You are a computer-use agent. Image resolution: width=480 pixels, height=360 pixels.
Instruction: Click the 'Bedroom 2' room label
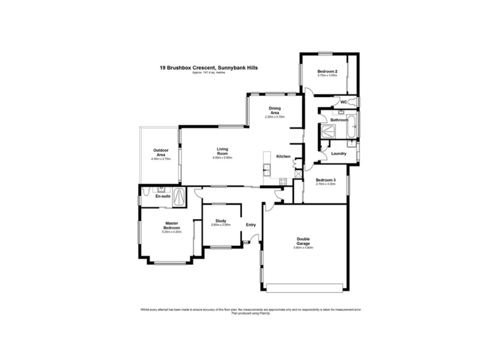tap(327, 72)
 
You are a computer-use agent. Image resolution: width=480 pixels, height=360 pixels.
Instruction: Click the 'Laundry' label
tap(339, 154)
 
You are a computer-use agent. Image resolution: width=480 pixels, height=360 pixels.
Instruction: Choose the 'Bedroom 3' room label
tap(326, 180)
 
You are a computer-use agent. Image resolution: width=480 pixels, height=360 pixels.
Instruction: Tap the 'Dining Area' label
tap(275, 110)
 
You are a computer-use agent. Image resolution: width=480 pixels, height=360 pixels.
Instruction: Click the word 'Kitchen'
tap(283, 157)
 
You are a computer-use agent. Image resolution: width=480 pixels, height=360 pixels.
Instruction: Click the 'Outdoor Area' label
tap(161, 152)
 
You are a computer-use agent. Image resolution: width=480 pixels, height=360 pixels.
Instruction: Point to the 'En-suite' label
tap(163, 196)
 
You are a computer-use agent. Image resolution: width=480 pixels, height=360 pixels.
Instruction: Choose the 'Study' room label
tap(220, 221)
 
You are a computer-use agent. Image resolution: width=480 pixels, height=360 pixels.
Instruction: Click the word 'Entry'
tap(251, 225)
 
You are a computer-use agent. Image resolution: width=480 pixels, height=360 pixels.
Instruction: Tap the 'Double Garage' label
tap(304, 241)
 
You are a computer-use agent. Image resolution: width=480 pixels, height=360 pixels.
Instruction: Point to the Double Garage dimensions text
tap(304, 247)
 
